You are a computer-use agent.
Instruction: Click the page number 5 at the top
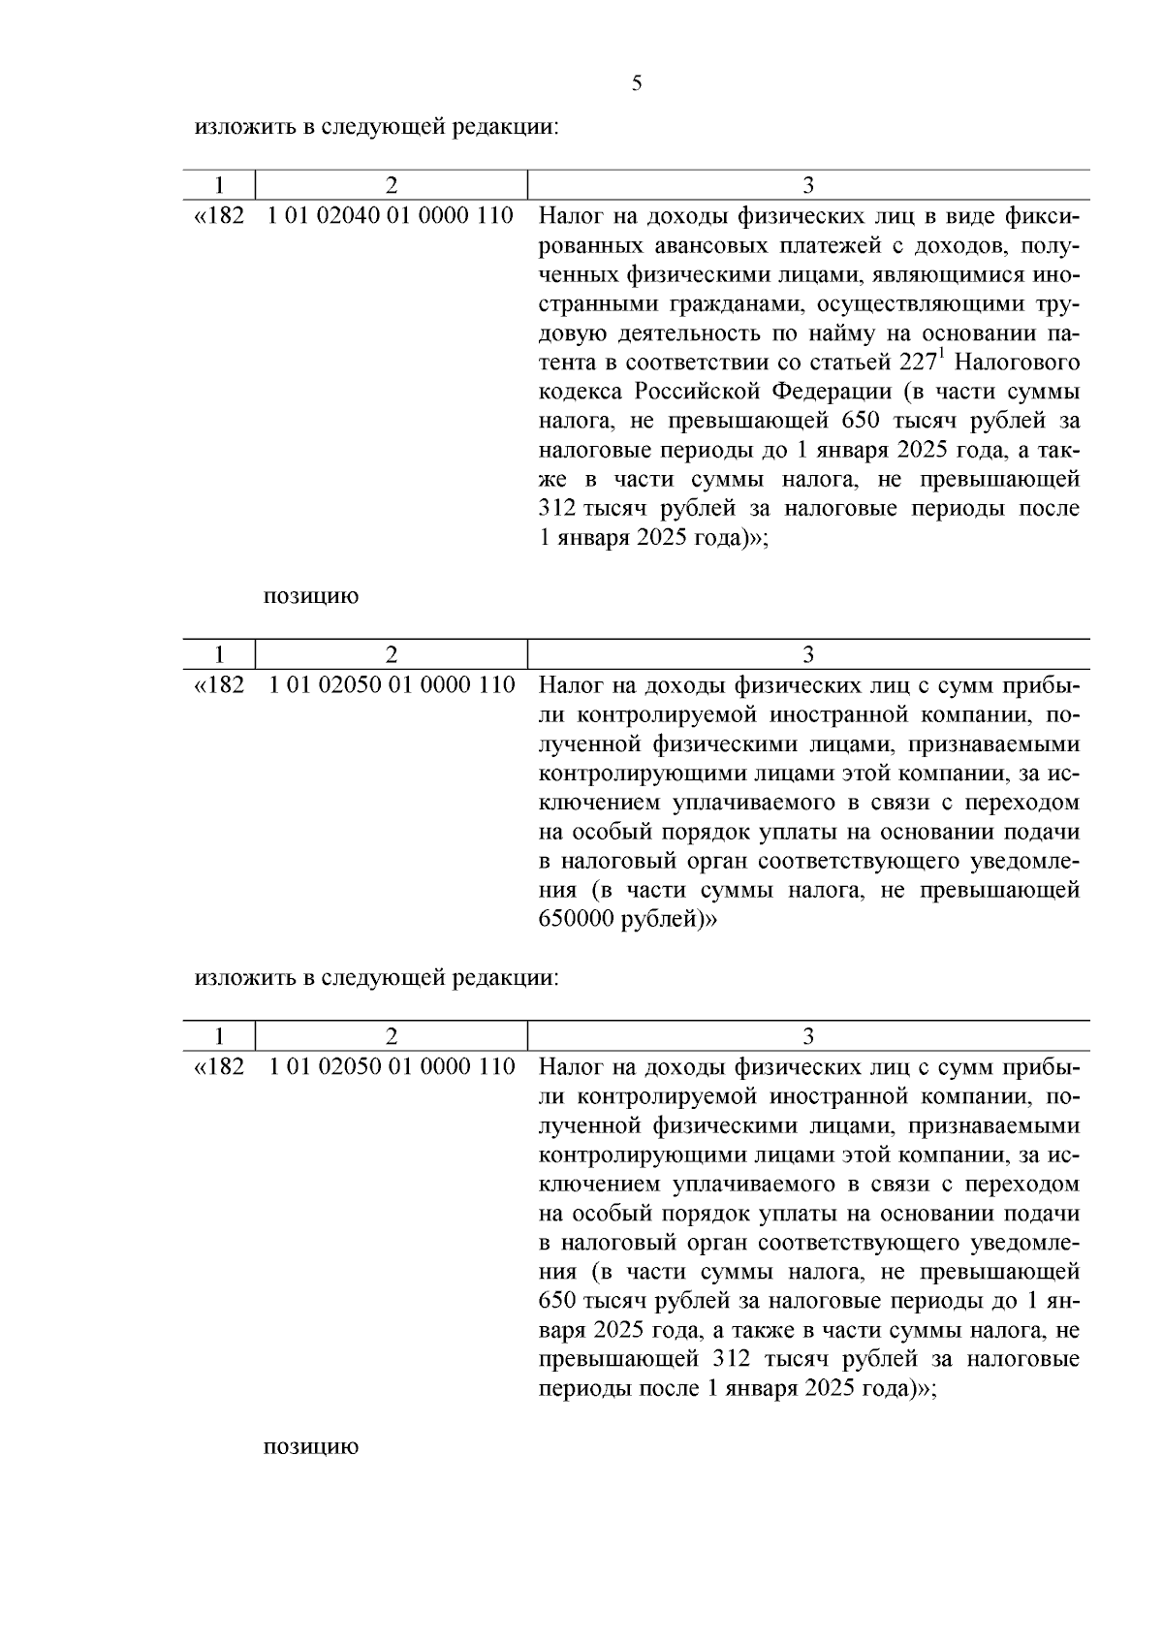click(x=636, y=83)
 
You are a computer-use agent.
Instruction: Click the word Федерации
click(x=832, y=392)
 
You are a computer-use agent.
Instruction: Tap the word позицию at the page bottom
click(x=311, y=1447)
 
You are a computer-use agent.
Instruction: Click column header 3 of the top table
click(x=808, y=185)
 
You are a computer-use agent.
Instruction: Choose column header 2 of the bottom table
click(x=391, y=1035)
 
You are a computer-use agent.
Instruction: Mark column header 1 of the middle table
click(x=220, y=654)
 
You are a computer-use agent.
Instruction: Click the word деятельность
click(x=690, y=332)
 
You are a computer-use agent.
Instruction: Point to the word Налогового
click(x=1019, y=363)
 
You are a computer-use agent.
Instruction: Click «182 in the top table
click(x=220, y=215)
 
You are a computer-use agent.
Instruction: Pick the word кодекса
click(x=581, y=392)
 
